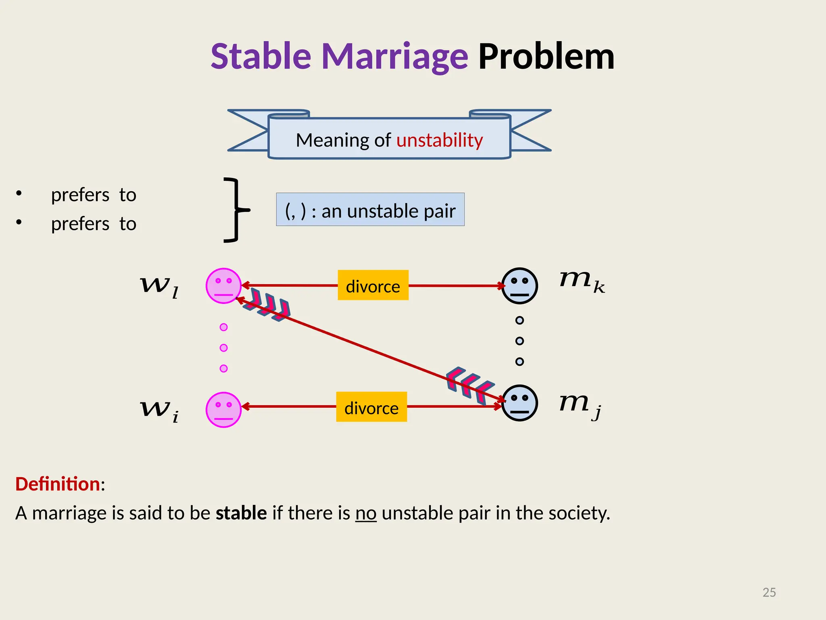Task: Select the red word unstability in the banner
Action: pos(440,140)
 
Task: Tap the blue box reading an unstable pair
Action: pos(370,209)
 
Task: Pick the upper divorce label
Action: pos(373,285)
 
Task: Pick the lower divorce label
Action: pos(371,407)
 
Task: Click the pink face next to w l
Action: pos(223,286)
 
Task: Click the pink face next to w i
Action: pos(223,410)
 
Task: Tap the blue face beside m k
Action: pos(519,286)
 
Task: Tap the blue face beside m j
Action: pos(519,403)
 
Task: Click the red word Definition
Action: pos(58,484)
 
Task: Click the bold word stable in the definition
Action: pos(241,513)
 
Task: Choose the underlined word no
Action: pos(366,513)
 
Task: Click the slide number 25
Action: pos(769,592)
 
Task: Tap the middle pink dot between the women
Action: pos(223,348)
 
